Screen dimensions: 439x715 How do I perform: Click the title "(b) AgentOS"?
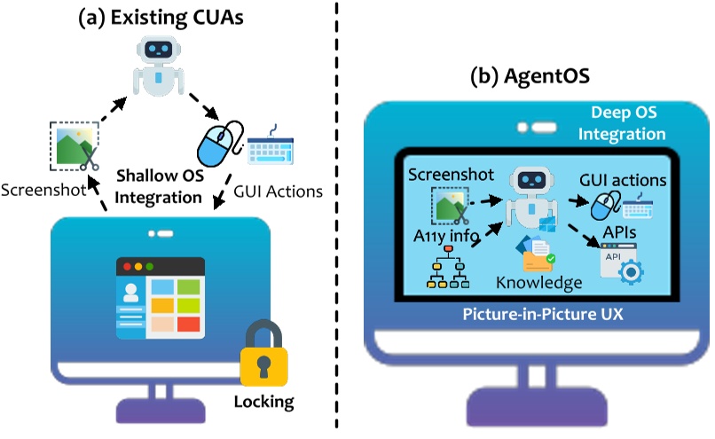(529, 77)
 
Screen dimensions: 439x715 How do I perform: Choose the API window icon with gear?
(621, 264)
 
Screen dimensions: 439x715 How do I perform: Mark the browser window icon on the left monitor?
(160, 297)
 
